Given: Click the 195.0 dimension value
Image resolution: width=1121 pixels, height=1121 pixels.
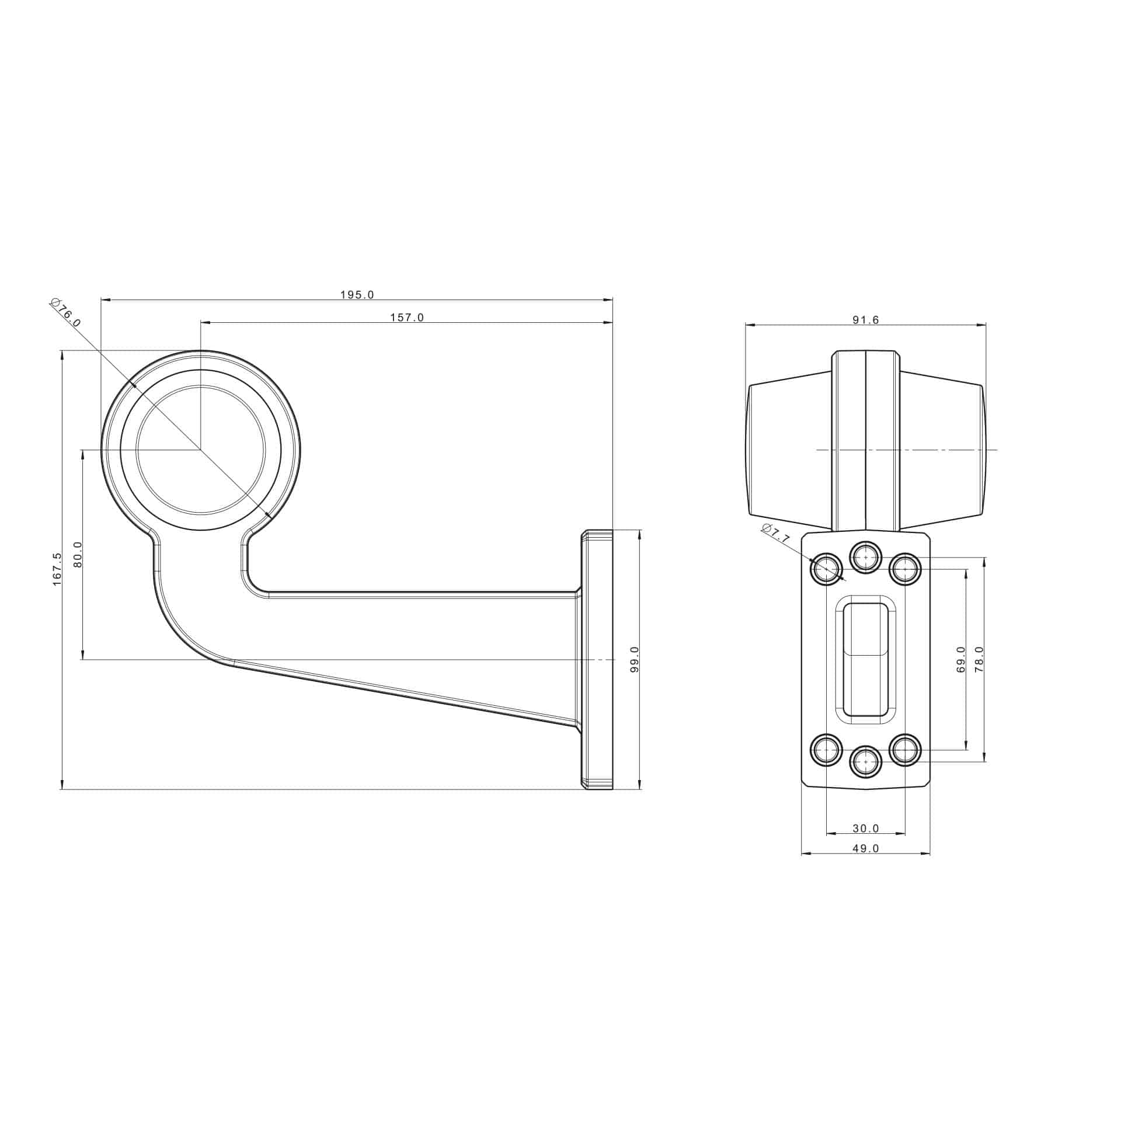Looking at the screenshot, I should click(x=357, y=295).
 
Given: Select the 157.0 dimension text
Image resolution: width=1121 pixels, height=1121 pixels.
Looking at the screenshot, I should click(x=407, y=318).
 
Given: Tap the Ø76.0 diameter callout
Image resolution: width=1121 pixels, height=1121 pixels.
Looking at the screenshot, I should click(x=66, y=312).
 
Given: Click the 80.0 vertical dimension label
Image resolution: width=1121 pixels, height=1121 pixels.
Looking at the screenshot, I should click(x=78, y=555).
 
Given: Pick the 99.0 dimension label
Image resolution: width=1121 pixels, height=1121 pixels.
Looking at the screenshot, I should click(x=635, y=659).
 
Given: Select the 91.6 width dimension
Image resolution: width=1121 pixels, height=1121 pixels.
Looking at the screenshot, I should click(x=866, y=320).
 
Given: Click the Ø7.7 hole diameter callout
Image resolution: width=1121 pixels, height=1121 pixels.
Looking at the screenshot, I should click(x=775, y=534).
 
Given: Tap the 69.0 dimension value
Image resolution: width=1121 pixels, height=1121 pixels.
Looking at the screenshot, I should click(x=961, y=660).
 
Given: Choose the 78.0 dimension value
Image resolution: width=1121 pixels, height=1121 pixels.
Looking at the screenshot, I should click(x=980, y=659).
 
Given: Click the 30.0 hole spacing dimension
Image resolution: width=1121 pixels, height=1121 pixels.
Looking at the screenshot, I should click(x=866, y=828).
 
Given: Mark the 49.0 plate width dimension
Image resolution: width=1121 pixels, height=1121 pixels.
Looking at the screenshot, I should click(x=866, y=848).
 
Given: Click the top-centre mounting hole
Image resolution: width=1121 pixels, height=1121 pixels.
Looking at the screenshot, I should click(x=865, y=558).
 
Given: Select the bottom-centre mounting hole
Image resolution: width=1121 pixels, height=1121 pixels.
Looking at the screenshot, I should click(x=865, y=762).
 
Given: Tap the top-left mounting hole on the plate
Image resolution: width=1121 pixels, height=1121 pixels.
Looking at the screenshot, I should click(x=827, y=568).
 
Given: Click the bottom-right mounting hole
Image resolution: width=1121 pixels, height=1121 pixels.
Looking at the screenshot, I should click(x=905, y=749).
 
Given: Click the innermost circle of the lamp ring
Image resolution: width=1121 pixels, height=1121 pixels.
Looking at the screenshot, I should click(x=201, y=450).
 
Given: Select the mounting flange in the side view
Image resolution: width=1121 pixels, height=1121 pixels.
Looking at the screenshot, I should click(x=597, y=660).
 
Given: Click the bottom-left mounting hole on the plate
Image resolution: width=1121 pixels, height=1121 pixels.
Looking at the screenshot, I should click(x=827, y=749).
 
